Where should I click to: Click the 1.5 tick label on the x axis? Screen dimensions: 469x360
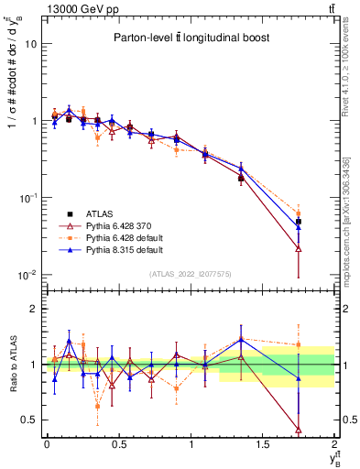263,445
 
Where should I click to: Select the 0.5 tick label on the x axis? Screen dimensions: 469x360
119,445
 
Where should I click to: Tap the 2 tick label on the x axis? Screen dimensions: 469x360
334,445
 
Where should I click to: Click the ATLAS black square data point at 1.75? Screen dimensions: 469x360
299,222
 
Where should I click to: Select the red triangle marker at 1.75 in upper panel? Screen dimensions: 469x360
299,248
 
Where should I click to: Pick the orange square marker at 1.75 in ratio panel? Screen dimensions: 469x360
299,345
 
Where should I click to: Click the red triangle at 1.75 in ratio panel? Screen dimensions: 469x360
299,430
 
